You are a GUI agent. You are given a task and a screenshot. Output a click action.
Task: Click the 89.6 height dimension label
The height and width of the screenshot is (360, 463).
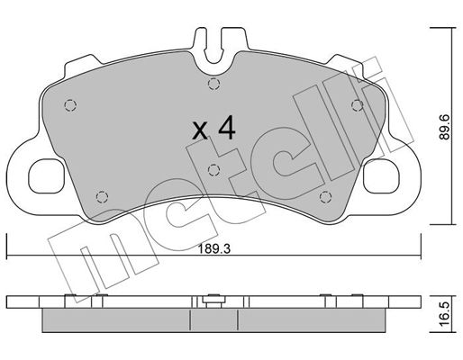[x=444, y=127]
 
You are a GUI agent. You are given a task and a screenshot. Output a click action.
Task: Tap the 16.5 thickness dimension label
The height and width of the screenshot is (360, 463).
[x=445, y=314]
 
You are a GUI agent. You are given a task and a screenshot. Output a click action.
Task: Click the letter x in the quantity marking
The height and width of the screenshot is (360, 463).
[x=200, y=132]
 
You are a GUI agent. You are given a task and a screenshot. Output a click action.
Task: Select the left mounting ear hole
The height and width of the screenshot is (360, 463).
[x=46, y=175]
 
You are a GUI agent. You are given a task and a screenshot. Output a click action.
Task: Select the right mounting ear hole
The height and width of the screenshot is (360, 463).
[x=381, y=175]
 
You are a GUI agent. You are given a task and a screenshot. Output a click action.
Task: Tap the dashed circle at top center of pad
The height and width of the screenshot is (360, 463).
[x=213, y=84]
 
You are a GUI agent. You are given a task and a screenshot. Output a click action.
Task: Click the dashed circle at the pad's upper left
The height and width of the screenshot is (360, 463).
[x=70, y=105]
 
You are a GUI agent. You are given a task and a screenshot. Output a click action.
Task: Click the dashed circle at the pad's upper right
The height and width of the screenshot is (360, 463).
[x=357, y=105]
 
